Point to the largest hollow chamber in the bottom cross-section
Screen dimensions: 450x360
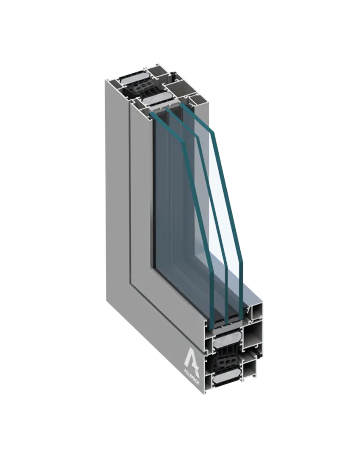click(253, 336)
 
